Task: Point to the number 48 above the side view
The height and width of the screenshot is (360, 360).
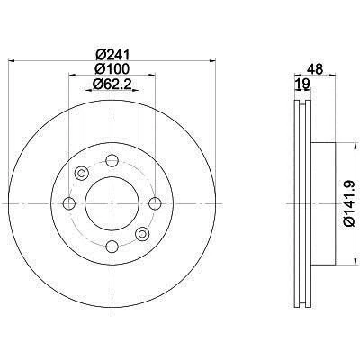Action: click(x=315, y=67)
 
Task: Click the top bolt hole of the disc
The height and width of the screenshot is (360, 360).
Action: click(x=112, y=162)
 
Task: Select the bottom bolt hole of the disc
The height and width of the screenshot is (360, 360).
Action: click(x=112, y=245)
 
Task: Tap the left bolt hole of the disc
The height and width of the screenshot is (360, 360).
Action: click(x=71, y=203)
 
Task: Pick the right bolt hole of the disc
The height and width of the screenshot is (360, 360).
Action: click(x=154, y=203)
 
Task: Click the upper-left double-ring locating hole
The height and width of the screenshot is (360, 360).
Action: click(x=82, y=173)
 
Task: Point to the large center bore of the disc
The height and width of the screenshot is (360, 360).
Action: click(x=112, y=203)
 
